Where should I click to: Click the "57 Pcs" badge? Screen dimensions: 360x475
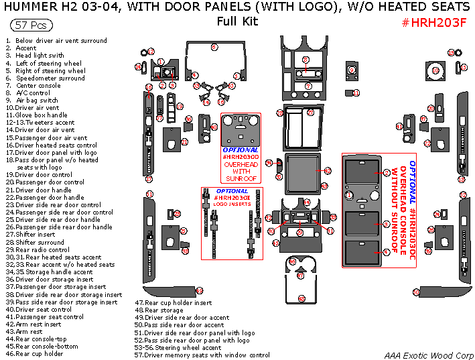pos(31,25)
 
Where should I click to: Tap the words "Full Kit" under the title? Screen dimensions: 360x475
pos(237,21)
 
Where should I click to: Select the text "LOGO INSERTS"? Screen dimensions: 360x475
pos(232,204)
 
